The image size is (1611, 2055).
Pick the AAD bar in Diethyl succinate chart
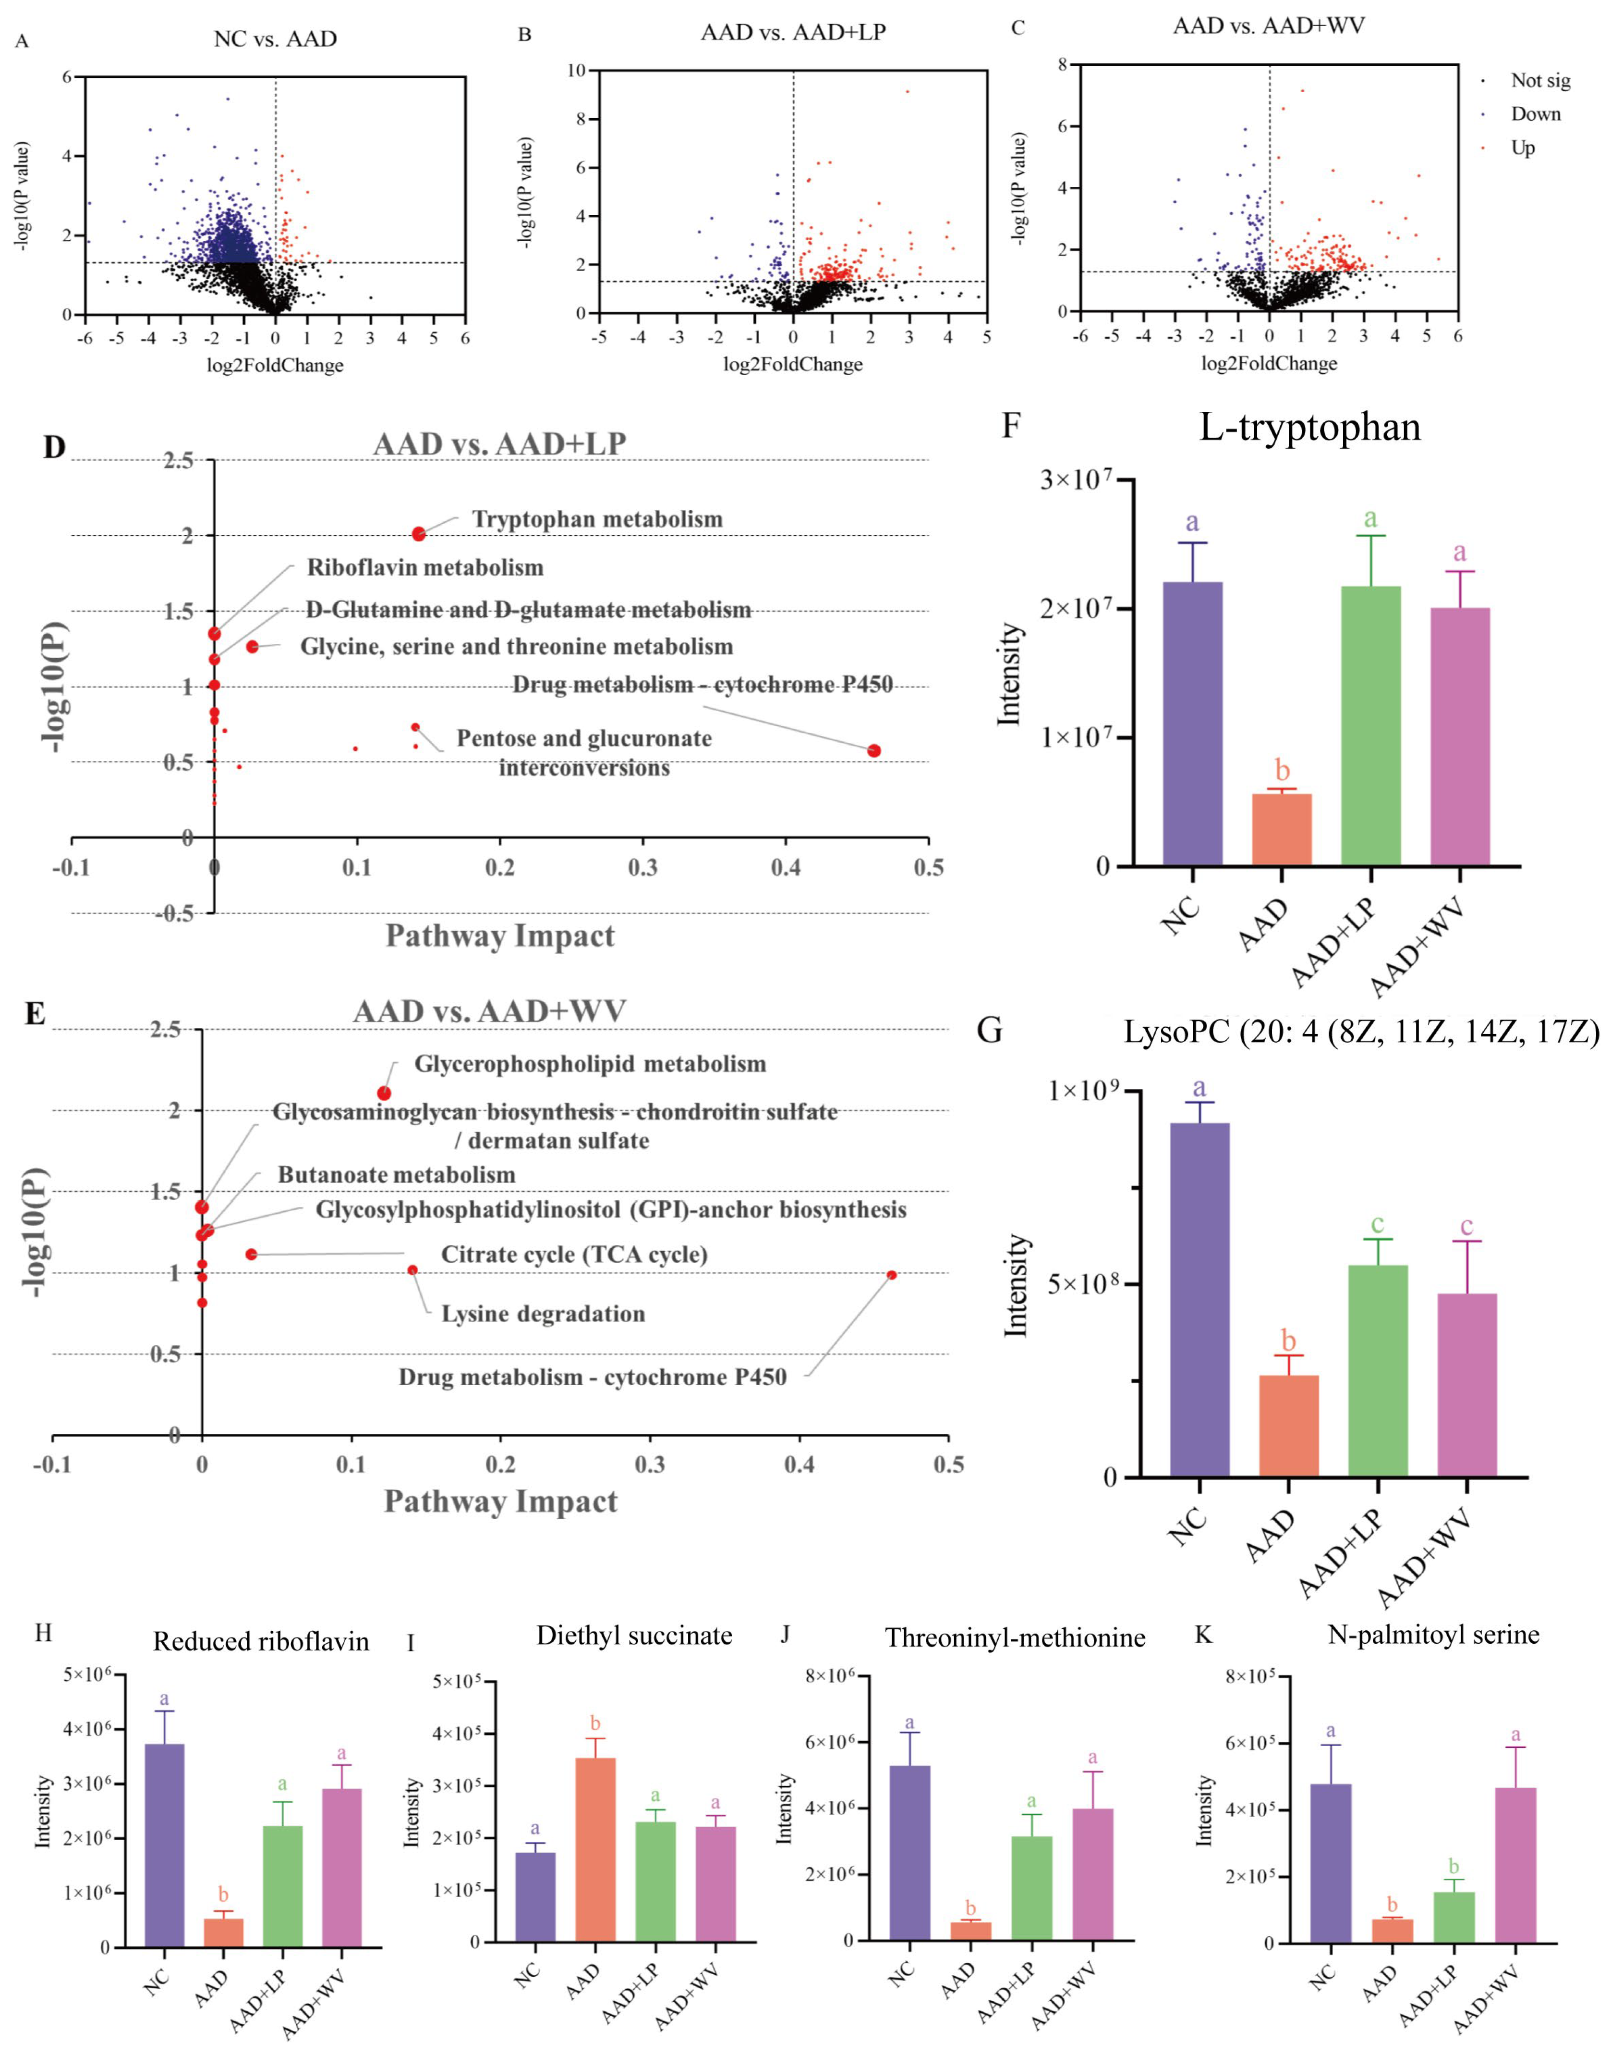click(594, 1849)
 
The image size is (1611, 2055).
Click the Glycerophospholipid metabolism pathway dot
click(384, 1093)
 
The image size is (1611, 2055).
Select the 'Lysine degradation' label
click(543, 1314)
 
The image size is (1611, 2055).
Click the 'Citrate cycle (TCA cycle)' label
click(574, 1254)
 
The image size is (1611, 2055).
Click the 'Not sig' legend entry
click(1540, 80)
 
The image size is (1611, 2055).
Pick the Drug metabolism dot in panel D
click(874, 750)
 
